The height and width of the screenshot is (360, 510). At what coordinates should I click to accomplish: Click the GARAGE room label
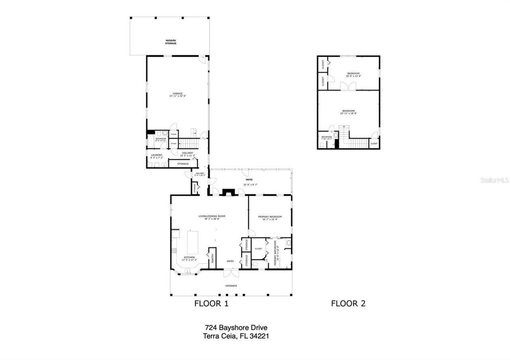coord(178,94)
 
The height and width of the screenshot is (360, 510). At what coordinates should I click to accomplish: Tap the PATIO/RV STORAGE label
coord(171,42)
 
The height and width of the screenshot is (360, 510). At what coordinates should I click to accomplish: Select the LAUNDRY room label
coord(157,155)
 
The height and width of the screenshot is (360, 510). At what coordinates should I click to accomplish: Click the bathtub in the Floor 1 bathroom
coord(151,141)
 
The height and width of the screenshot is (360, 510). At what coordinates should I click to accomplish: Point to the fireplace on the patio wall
coord(228,192)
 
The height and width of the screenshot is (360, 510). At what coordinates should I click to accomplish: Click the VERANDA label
coord(231,286)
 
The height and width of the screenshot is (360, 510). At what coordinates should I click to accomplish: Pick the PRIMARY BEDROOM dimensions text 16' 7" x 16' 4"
coord(270,219)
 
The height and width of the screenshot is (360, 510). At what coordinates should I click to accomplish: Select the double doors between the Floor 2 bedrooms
coord(348,86)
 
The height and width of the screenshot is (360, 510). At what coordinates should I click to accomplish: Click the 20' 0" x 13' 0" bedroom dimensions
coord(353,76)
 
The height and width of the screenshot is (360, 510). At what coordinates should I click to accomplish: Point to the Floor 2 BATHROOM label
coord(327,137)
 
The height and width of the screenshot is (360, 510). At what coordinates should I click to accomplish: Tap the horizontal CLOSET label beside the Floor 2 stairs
coord(374,144)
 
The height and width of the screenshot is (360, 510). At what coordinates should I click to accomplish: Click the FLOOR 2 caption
coord(348,303)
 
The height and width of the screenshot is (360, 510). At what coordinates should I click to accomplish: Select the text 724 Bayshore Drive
coord(236,327)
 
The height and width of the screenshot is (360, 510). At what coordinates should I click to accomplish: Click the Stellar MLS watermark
coord(494,180)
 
